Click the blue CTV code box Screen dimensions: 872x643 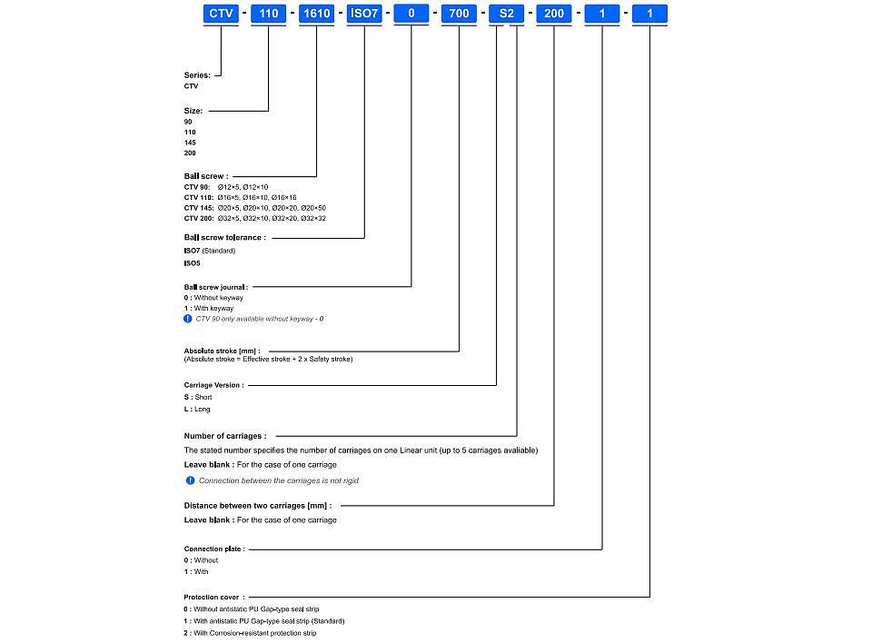(x=221, y=14)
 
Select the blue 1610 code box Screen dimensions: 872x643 (x=316, y=14)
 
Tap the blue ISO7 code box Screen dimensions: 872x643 (x=364, y=14)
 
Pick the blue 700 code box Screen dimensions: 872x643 (x=459, y=14)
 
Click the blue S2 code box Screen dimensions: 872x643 (x=507, y=14)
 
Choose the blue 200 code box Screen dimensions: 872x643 (x=554, y=14)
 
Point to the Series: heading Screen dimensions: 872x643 (x=197, y=75)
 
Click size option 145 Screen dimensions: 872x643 (x=190, y=143)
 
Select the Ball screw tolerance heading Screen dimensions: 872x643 (x=225, y=238)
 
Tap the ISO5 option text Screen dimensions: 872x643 (x=193, y=263)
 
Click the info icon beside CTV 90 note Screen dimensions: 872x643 (x=188, y=319)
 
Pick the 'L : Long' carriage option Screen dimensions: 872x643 (x=197, y=409)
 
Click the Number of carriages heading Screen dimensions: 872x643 (x=225, y=436)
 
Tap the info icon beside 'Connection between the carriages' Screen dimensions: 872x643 (x=190, y=480)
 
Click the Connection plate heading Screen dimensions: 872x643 (x=214, y=549)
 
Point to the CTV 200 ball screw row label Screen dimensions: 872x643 (x=199, y=218)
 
